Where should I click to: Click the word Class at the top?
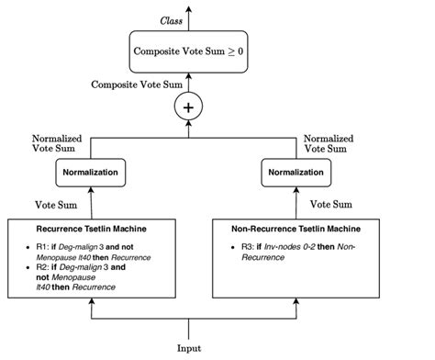(171, 19)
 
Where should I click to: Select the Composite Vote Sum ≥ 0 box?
(189, 51)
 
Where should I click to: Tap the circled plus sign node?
(189, 107)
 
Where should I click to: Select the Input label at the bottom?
(189, 348)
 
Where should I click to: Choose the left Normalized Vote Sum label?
(57, 142)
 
